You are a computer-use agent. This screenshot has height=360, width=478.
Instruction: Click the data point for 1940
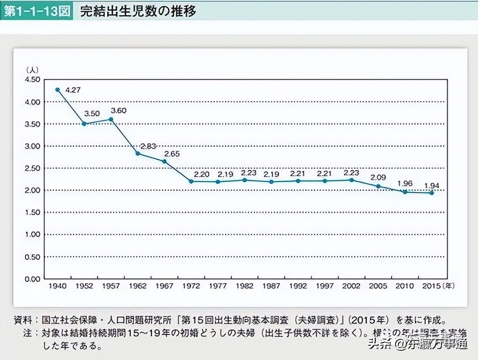[x=57, y=90]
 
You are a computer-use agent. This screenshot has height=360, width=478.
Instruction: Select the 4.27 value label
[x=73, y=90]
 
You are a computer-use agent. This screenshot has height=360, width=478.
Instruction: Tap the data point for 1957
[x=111, y=119]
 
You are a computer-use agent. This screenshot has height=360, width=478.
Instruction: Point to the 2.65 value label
[x=172, y=154]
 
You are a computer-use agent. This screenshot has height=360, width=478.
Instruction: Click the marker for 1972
[x=191, y=181]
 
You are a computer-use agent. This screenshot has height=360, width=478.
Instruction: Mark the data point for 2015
[x=432, y=193]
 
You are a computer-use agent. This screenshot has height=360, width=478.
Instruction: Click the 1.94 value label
[x=431, y=185]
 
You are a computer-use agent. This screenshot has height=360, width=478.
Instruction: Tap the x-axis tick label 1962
[x=137, y=286]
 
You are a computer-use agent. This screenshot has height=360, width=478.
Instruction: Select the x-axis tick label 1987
[x=271, y=286]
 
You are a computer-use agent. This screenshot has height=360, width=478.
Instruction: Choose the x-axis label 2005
[x=378, y=286]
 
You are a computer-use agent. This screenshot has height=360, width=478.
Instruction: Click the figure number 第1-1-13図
[x=36, y=11]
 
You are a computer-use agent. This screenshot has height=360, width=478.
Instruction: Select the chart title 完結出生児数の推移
[x=138, y=11]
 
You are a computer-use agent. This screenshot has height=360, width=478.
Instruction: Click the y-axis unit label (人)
[x=32, y=69]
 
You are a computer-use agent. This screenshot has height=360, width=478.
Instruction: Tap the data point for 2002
[x=351, y=180]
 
